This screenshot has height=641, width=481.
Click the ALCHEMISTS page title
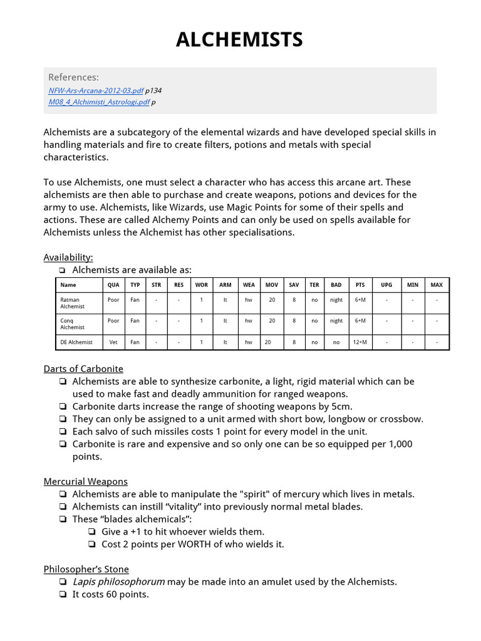pyautogui.click(x=239, y=40)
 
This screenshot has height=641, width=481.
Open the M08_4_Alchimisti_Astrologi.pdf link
pyautogui.click(x=99, y=102)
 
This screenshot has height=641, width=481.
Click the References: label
pyautogui.click(x=73, y=77)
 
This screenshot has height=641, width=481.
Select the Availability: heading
pyautogui.click(x=68, y=257)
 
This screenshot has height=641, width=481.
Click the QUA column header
pyautogui.click(x=113, y=285)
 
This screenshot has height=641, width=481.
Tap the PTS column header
pyautogui.click(x=360, y=285)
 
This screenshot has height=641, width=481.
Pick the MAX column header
pyautogui.click(x=437, y=285)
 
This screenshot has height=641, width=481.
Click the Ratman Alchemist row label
pyautogui.click(x=73, y=303)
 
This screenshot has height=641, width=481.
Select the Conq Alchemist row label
pyautogui.click(x=73, y=324)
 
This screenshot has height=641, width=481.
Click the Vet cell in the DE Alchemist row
pyautogui.click(x=113, y=342)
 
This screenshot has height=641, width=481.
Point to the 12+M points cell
pyautogui.click(x=360, y=342)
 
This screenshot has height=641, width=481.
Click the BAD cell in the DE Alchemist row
pyautogui.click(x=336, y=342)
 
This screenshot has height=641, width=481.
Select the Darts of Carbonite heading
pyautogui.click(x=83, y=369)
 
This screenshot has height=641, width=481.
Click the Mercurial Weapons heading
pyautogui.click(x=86, y=481)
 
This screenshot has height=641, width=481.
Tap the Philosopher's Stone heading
pyautogui.click(x=86, y=569)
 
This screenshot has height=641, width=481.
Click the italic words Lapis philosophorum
pyautogui.click(x=118, y=582)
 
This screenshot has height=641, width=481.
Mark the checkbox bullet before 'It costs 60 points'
pyautogui.click(x=63, y=594)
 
